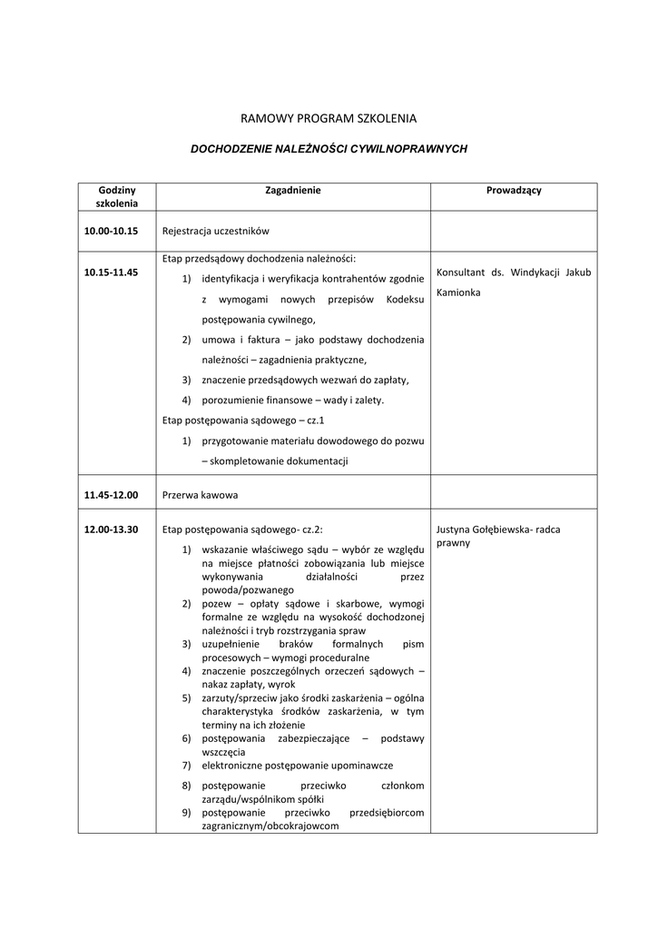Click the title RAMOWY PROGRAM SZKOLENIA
click(328, 118)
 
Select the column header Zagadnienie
click(292, 191)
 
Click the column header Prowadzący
click(514, 191)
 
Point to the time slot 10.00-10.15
click(111, 232)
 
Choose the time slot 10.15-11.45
click(111, 272)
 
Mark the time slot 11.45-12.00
click(111, 495)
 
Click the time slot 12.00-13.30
click(111, 529)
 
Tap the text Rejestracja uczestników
click(215, 232)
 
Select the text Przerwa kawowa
click(200, 496)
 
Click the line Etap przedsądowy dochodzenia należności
click(259, 259)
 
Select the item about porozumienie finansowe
click(292, 400)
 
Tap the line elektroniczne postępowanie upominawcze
click(297, 766)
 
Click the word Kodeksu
click(405, 299)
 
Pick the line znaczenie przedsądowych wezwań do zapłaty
click(305, 380)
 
